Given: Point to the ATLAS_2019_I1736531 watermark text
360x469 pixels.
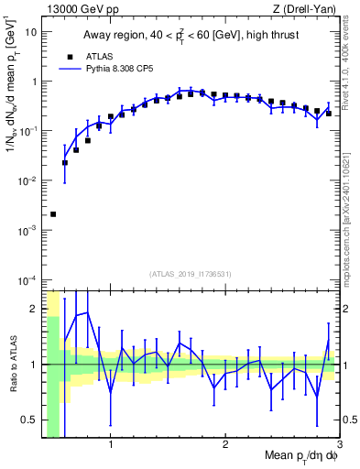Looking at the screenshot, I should coord(191,274).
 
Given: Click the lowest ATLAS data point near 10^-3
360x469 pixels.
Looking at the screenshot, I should coord(53,214).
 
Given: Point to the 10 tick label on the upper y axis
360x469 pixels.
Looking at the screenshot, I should coord(30,32).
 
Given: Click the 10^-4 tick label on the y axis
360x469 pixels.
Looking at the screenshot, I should coord(27,279).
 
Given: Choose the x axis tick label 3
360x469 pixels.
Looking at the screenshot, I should coord(339,446).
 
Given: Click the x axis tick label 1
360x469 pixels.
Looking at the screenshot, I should coord(111,446).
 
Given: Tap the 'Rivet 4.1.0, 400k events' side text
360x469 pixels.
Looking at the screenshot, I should coord(351,69).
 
